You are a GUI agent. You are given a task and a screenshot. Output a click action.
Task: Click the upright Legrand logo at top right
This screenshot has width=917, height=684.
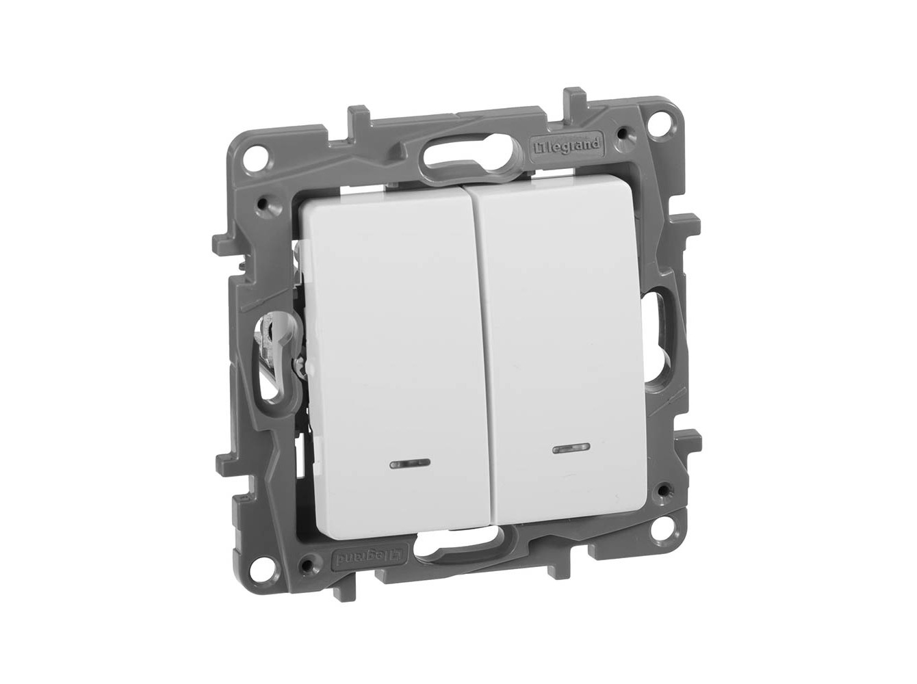(x=567, y=144)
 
